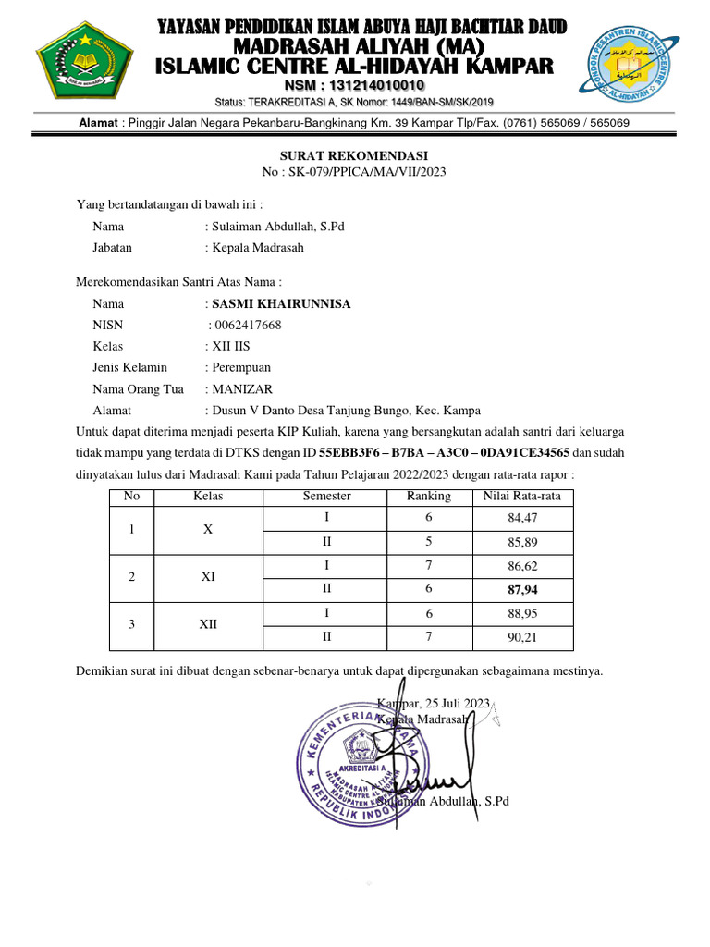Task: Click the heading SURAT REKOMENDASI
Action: click(354, 156)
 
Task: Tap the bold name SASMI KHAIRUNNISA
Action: click(281, 304)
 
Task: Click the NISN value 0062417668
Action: click(249, 326)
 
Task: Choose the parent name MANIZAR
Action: click(242, 389)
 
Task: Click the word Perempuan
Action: click(245, 368)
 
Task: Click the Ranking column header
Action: click(429, 497)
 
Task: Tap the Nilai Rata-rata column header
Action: click(522, 497)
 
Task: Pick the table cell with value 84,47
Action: click(522, 518)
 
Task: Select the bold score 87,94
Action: click(522, 588)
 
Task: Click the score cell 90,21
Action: click(522, 636)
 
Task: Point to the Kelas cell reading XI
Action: click(209, 577)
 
